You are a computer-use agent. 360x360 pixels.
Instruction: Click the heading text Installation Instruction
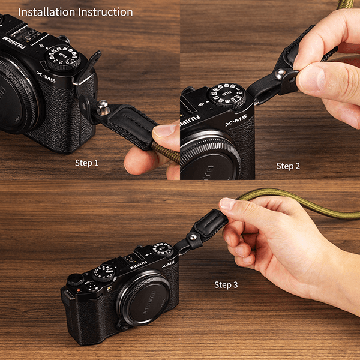tap(75, 12)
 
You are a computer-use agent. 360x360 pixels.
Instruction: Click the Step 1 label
tap(87, 163)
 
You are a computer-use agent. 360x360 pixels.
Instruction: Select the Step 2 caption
tap(288, 166)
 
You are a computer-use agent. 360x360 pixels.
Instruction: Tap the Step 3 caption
tap(226, 284)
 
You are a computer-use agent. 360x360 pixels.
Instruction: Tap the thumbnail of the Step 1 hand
tap(164, 130)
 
